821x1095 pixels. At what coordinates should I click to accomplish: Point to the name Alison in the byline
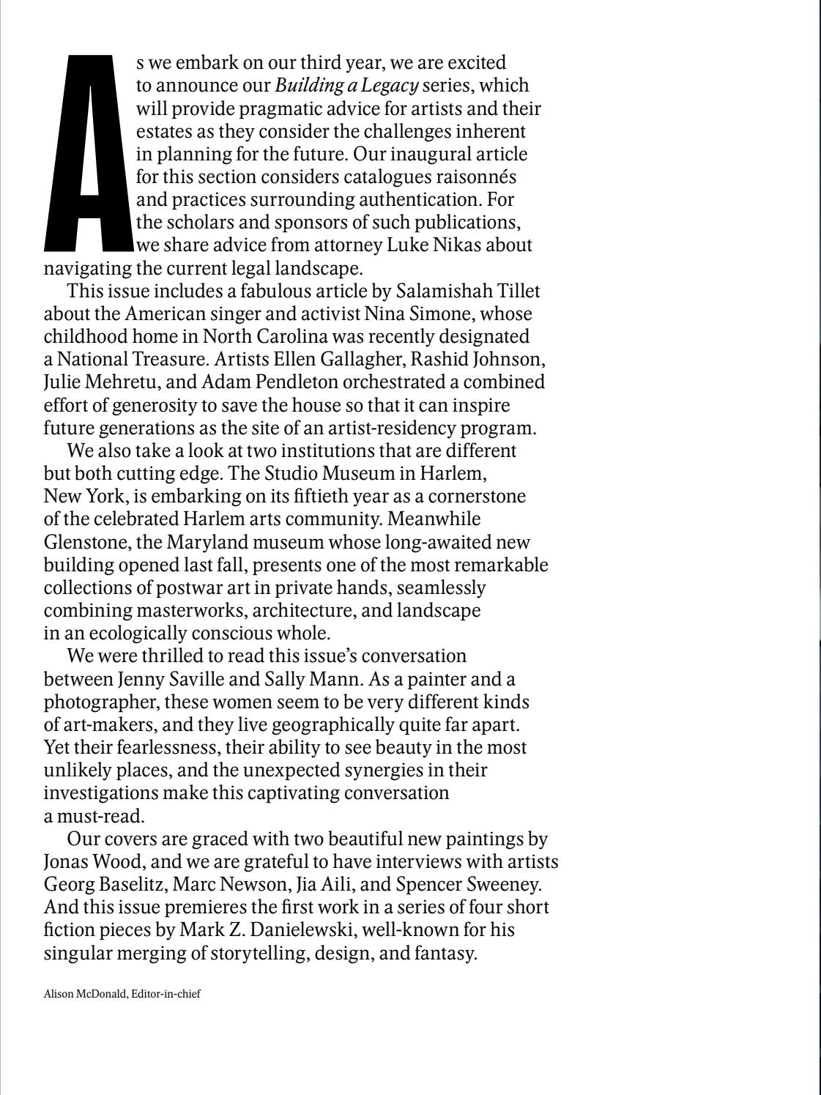click(x=59, y=994)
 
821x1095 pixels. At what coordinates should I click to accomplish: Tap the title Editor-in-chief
click(x=166, y=994)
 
